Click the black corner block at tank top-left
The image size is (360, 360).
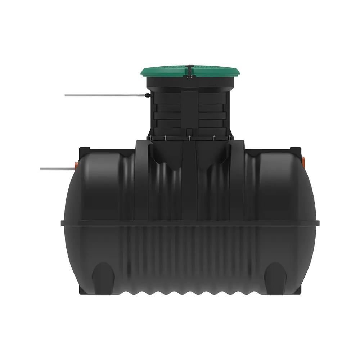tap(84, 149)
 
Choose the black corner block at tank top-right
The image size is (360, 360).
tap(295, 149)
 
